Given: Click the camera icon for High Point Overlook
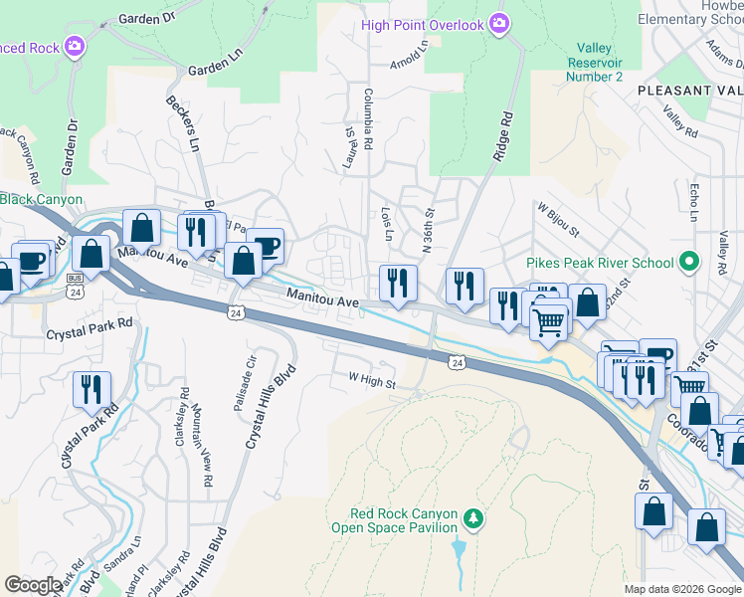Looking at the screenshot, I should (x=499, y=24).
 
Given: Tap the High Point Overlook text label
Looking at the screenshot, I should (x=422, y=24).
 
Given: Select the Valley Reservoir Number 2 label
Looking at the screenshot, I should (x=595, y=62).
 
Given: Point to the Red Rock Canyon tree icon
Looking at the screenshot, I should (x=474, y=518).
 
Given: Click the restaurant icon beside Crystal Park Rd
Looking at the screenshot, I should (x=91, y=388).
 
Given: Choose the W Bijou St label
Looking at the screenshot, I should (x=558, y=221).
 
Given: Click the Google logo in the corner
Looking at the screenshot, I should (x=33, y=585).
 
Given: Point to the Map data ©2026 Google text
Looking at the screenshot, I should (x=681, y=589).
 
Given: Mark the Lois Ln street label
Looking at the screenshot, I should (x=386, y=224).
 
